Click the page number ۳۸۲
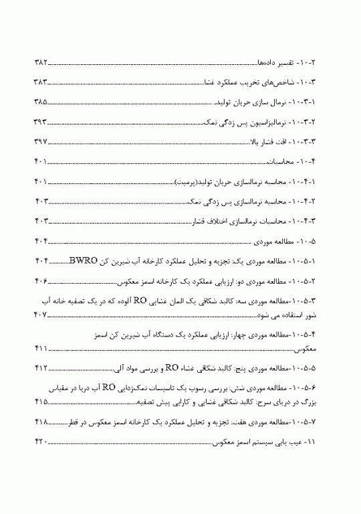(42, 62)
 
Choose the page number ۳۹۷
(42, 142)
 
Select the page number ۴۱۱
(42, 349)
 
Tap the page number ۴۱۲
(42, 368)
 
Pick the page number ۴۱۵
(42, 402)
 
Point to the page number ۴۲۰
(42, 443)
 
